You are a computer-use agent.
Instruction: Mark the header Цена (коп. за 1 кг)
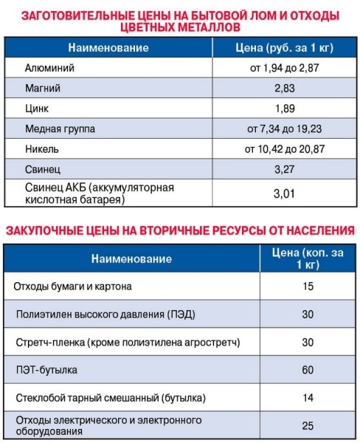pyautogui.click(x=308, y=259)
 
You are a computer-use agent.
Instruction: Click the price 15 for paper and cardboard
pyautogui.click(x=308, y=286)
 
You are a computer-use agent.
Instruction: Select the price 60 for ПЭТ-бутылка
pyautogui.click(x=308, y=371)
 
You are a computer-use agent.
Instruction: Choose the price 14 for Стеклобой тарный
pyautogui.click(x=308, y=399)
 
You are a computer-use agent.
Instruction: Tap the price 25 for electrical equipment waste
pyautogui.click(x=308, y=426)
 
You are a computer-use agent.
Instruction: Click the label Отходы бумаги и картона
pyautogui.click(x=72, y=286)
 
